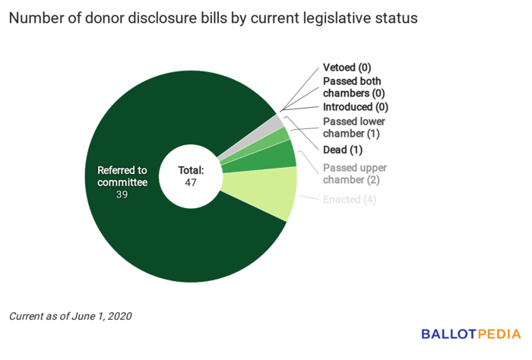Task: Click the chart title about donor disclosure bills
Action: click(214, 18)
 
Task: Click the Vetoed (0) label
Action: click(347, 68)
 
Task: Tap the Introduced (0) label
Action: click(356, 107)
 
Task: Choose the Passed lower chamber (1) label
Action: click(354, 128)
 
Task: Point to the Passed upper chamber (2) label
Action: click(354, 174)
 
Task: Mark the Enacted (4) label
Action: click(350, 200)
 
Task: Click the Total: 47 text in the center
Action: click(192, 176)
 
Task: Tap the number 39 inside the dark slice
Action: click(122, 194)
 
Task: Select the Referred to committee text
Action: click(122, 176)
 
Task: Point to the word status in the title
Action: click(396, 18)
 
